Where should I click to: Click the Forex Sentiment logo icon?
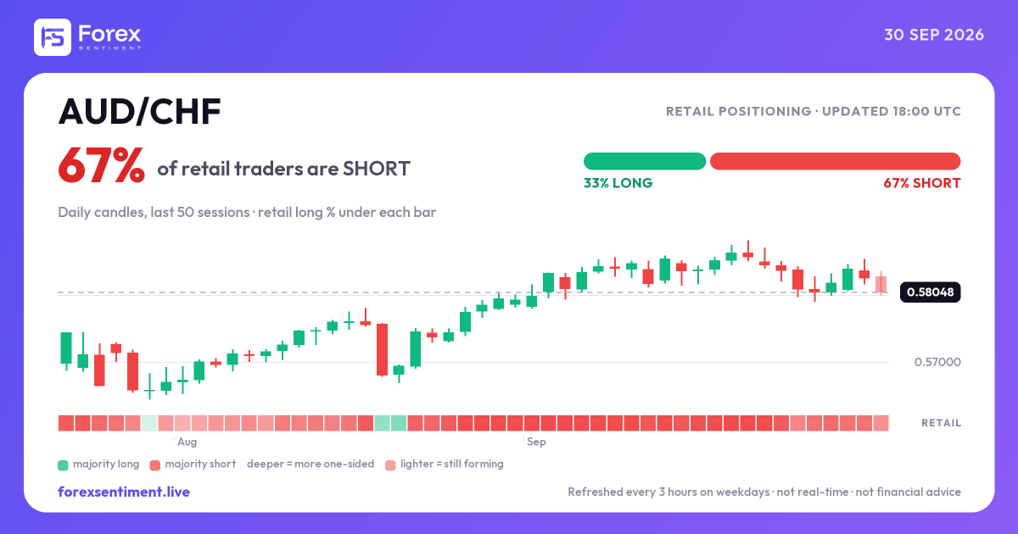(53, 37)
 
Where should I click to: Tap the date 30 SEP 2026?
(934, 35)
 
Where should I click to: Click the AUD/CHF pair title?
(139, 112)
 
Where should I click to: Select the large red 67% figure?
(101, 166)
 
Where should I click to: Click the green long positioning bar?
(645, 161)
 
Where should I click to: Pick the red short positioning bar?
(836, 161)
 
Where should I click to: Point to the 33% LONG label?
(618, 183)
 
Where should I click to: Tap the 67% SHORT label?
(922, 183)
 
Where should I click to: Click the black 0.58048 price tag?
(931, 292)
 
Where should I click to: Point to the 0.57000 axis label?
(937, 362)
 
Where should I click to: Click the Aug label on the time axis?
(187, 442)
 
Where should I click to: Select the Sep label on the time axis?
(536, 442)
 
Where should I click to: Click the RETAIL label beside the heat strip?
(941, 423)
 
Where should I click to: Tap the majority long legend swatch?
(63, 465)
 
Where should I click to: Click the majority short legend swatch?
(155, 465)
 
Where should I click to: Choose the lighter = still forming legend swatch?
(390, 465)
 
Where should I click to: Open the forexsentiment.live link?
(124, 492)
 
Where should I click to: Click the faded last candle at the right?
(881, 285)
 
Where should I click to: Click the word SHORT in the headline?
(377, 169)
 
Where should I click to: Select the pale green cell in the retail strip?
(149, 423)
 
